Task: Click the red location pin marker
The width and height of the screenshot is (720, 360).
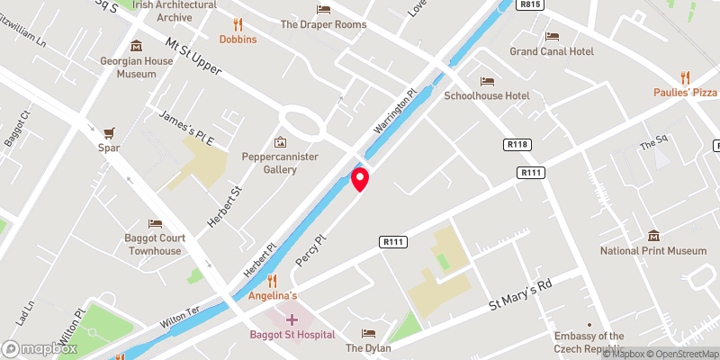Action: (x=360, y=179)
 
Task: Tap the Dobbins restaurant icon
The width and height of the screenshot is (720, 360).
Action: (x=238, y=24)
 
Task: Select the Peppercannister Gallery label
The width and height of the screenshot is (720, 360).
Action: (x=281, y=163)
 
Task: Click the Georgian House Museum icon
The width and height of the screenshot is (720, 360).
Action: (x=136, y=47)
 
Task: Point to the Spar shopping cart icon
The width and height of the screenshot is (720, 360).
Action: (x=110, y=132)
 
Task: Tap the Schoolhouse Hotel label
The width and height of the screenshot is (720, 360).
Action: (x=487, y=95)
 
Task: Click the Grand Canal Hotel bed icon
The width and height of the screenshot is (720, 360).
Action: (x=553, y=37)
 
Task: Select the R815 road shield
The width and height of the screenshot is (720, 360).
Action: (x=530, y=4)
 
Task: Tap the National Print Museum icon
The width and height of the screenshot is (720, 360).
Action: (x=653, y=236)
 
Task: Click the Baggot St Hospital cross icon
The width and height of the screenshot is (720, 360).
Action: (x=292, y=319)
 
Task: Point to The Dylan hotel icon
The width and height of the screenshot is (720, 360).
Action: (x=366, y=334)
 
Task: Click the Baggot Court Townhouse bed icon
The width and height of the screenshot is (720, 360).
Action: (x=155, y=223)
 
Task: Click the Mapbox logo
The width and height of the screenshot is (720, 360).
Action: (x=40, y=348)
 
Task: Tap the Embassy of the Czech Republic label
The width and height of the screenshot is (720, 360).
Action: (x=589, y=343)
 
